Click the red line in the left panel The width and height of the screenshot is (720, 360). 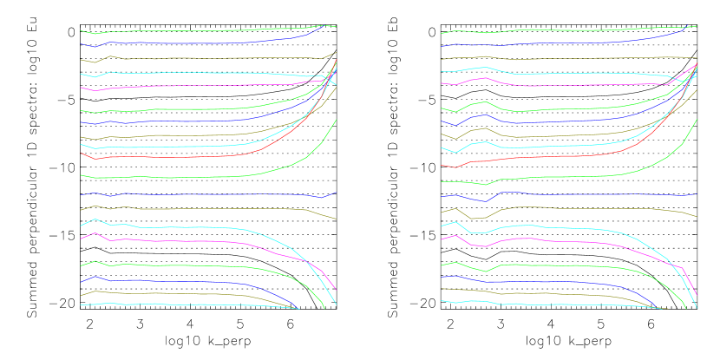pyautogui.click(x=173, y=157)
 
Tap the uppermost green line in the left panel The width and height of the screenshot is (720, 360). pyautogui.click(x=173, y=31)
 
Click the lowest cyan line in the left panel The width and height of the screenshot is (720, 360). pyautogui.click(x=173, y=304)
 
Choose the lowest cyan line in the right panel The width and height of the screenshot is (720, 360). pyautogui.click(x=538, y=304)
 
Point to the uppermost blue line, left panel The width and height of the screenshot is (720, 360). pyautogui.click(x=173, y=43)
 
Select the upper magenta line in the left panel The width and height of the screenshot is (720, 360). pyautogui.click(x=173, y=86)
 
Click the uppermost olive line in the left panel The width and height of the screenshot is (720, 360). pyautogui.click(x=173, y=58)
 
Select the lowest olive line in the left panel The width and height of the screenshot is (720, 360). pyautogui.click(x=173, y=293)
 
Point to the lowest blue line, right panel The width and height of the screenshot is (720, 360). pyautogui.click(x=538, y=281)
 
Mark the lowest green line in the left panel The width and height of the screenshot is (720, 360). pyautogui.click(x=173, y=265)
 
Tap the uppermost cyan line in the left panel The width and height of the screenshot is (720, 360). pyautogui.click(x=173, y=73)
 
